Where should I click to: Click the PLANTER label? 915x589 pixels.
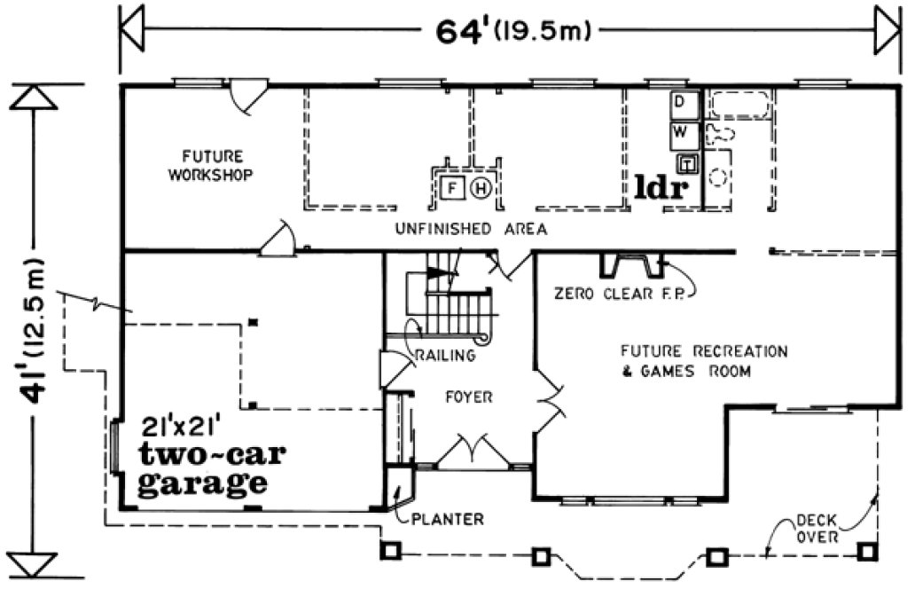(447, 519)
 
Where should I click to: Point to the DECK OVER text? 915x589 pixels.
(813, 529)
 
